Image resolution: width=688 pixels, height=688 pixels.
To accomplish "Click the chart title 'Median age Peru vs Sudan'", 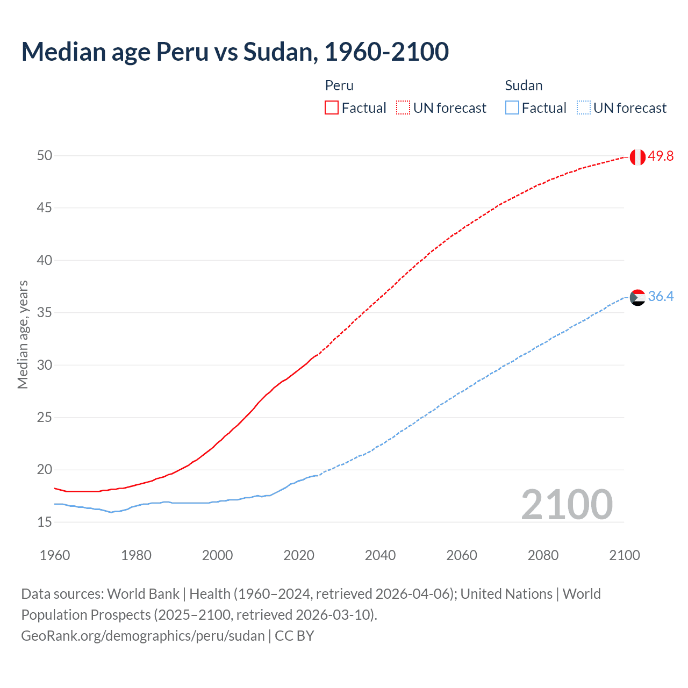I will [235, 52].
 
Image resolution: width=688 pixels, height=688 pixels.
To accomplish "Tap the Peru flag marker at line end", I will [637, 157].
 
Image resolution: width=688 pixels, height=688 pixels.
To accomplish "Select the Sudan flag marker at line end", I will [637, 297].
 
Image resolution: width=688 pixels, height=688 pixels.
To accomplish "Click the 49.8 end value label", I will [661, 156].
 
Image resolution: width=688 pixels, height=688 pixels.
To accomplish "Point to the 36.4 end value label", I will [661, 297].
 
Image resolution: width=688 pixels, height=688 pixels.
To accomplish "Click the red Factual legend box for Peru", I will [332, 107].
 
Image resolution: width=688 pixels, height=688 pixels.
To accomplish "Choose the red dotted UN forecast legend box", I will [403, 107].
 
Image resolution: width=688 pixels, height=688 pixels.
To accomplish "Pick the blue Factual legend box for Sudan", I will [512, 107].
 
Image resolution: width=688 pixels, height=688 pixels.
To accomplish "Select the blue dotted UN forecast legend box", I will [583, 107].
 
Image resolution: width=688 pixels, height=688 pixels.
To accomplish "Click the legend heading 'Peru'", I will [339, 85].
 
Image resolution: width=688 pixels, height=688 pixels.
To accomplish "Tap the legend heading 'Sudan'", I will [524, 85].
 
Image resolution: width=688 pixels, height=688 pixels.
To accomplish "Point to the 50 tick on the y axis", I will [45, 155].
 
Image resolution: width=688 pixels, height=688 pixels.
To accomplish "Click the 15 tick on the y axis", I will [45, 522].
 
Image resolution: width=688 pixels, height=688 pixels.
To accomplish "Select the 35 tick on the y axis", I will [45, 312].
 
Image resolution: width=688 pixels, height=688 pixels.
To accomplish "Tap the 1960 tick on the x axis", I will [55, 555].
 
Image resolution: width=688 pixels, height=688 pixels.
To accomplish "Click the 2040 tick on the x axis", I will [380, 555].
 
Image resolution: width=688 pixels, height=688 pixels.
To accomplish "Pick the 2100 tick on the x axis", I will [625, 555].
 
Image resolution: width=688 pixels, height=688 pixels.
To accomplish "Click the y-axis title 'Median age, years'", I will [23, 334].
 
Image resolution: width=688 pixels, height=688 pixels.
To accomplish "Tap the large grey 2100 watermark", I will [567, 505].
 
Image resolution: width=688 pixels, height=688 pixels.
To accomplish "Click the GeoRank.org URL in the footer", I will [143, 636].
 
